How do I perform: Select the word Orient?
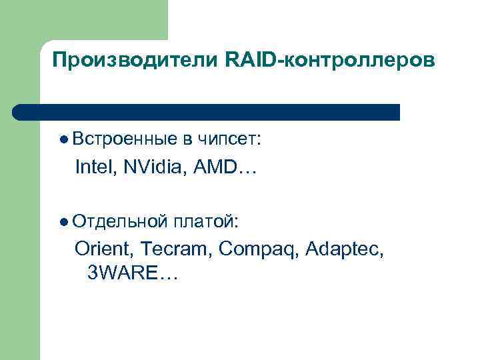point(104,249)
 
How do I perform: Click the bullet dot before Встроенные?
point(63,140)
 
